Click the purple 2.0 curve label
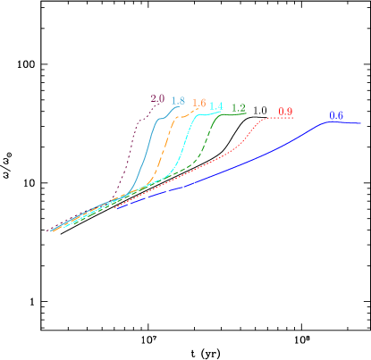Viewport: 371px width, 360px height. tap(157, 98)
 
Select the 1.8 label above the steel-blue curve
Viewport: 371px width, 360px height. tap(178, 101)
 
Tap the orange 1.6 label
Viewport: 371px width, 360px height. tap(199, 104)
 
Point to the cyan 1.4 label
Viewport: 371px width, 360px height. tap(216, 107)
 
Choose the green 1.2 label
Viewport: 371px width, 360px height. tap(239, 108)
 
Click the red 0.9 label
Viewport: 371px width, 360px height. tap(285, 112)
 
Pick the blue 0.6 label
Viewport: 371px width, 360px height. tap(336, 115)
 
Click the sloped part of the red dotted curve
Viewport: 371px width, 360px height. tap(223, 156)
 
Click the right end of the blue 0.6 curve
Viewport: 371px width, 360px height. tap(360, 124)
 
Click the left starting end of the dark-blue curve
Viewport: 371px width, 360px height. tap(115, 209)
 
